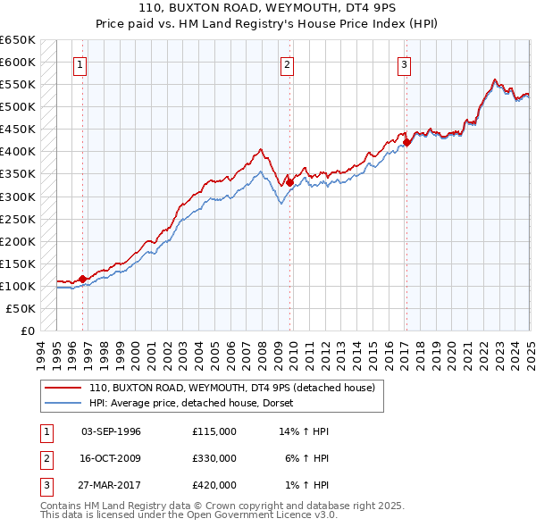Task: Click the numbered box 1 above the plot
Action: tap(80, 63)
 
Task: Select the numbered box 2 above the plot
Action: tap(287, 63)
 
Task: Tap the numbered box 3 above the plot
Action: tap(404, 63)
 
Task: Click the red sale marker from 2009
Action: tap(289, 182)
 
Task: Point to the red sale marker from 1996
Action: tap(82, 279)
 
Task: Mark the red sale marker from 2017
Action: tap(406, 142)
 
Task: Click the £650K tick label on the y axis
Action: tap(17, 40)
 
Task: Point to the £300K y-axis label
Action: tap(17, 197)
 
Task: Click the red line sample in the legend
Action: tap(63, 388)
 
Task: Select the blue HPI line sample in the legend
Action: tap(63, 403)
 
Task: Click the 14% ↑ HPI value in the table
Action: tap(304, 431)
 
